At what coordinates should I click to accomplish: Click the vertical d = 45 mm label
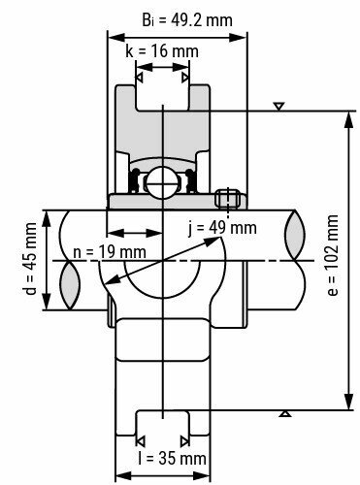[x=30, y=260]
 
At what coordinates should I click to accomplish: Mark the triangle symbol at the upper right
[x=279, y=105]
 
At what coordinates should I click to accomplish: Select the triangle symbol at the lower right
[x=284, y=414]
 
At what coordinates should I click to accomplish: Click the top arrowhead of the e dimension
[x=347, y=115]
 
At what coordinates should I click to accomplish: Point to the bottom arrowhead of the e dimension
[x=347, y=404]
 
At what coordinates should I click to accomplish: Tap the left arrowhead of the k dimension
[x=141, y=75]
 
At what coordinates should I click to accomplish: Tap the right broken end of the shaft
[x=296, y=260]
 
